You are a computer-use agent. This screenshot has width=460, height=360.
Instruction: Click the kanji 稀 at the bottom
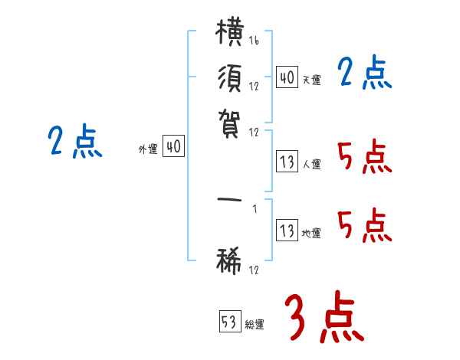click(x=228, y=260)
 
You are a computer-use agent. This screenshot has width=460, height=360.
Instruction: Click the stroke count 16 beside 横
click(x=254, y=41)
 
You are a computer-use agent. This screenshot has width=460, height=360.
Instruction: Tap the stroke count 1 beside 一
click(x=255, y=208)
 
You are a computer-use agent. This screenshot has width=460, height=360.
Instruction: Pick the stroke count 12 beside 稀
click(x=254, y=270)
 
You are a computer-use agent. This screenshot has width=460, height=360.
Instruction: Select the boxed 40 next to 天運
click(x=287, y=77)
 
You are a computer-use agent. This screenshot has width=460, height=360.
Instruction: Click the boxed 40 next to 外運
click(x=174, y=146)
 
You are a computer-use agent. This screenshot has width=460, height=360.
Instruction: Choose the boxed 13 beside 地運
click(x=287, y=230)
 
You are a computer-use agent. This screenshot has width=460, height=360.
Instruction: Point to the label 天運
click(x=311, y=80)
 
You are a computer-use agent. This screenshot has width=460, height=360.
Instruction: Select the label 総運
click(x=255, y=324)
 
